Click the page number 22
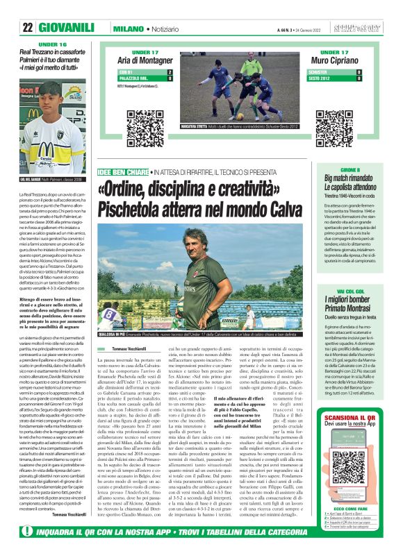click(x=28, y=27)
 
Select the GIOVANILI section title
click(x=72, y=27)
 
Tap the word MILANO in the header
click(x=128, y=27)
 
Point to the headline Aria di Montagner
click(x=151, y=62)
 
